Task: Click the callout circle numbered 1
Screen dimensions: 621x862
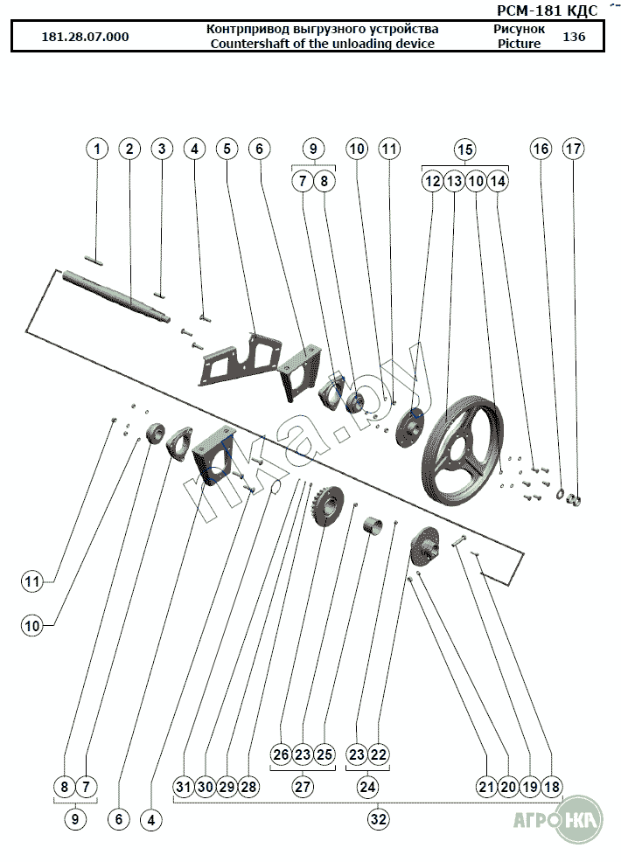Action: tap(97, 149)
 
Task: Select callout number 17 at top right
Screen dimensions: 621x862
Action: tap(573, 149)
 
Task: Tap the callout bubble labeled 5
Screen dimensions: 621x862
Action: tap(227, 149)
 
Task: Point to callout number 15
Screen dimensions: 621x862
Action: tap(464, 149)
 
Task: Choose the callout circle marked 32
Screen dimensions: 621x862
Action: tap(378, 819)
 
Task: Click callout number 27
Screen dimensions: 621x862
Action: tap(303, 787)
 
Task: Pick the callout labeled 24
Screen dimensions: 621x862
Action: tap(367, 787)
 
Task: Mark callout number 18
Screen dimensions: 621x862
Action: tap(552, 787)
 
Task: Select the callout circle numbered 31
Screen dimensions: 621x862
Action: tap(184, 787)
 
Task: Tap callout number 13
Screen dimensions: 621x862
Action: tap(454, 181)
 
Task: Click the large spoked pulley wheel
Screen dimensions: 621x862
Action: tap(462, 447)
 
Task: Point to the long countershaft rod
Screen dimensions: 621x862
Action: tap(116, 295)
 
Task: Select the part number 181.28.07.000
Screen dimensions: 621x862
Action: tap(85, 37)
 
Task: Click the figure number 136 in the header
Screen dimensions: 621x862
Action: tap(574, 37)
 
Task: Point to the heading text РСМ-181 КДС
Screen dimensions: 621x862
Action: tap(547, 10)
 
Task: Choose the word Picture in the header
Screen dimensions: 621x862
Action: tap(519, 44)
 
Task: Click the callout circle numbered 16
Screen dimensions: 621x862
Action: tap(541, 149)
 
